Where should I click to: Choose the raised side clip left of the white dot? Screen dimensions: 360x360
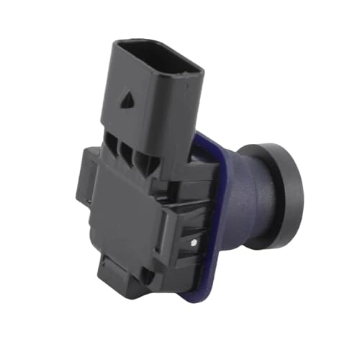pos(176,238)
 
